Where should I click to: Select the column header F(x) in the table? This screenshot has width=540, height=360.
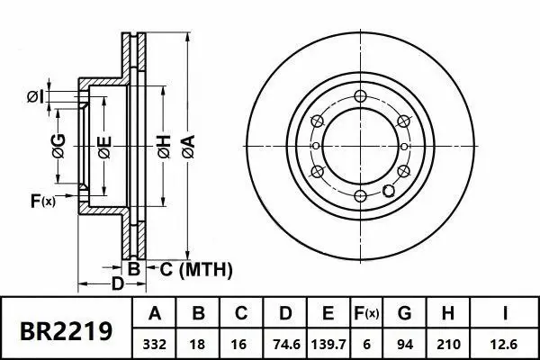[366, 314]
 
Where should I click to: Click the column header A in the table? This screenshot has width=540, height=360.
[155, 314]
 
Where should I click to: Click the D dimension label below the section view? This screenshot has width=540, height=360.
[117, 283]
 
